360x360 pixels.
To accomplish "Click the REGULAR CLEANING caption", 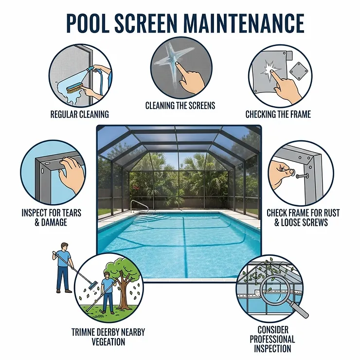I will pyautogui.click(x=80, y=115).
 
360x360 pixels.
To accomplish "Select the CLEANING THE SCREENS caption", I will pyautogui.click(x=180, y=106).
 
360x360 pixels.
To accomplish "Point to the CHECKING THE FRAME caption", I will pyautogui.click(x=278, y=115).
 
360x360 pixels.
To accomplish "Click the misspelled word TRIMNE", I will pyautogui.click(x=85, y=332).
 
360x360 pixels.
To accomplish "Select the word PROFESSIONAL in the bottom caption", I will pyautogui.click(x=272, y=339).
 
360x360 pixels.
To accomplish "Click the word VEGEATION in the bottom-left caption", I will pyautogui.click(x=108, y=342).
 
